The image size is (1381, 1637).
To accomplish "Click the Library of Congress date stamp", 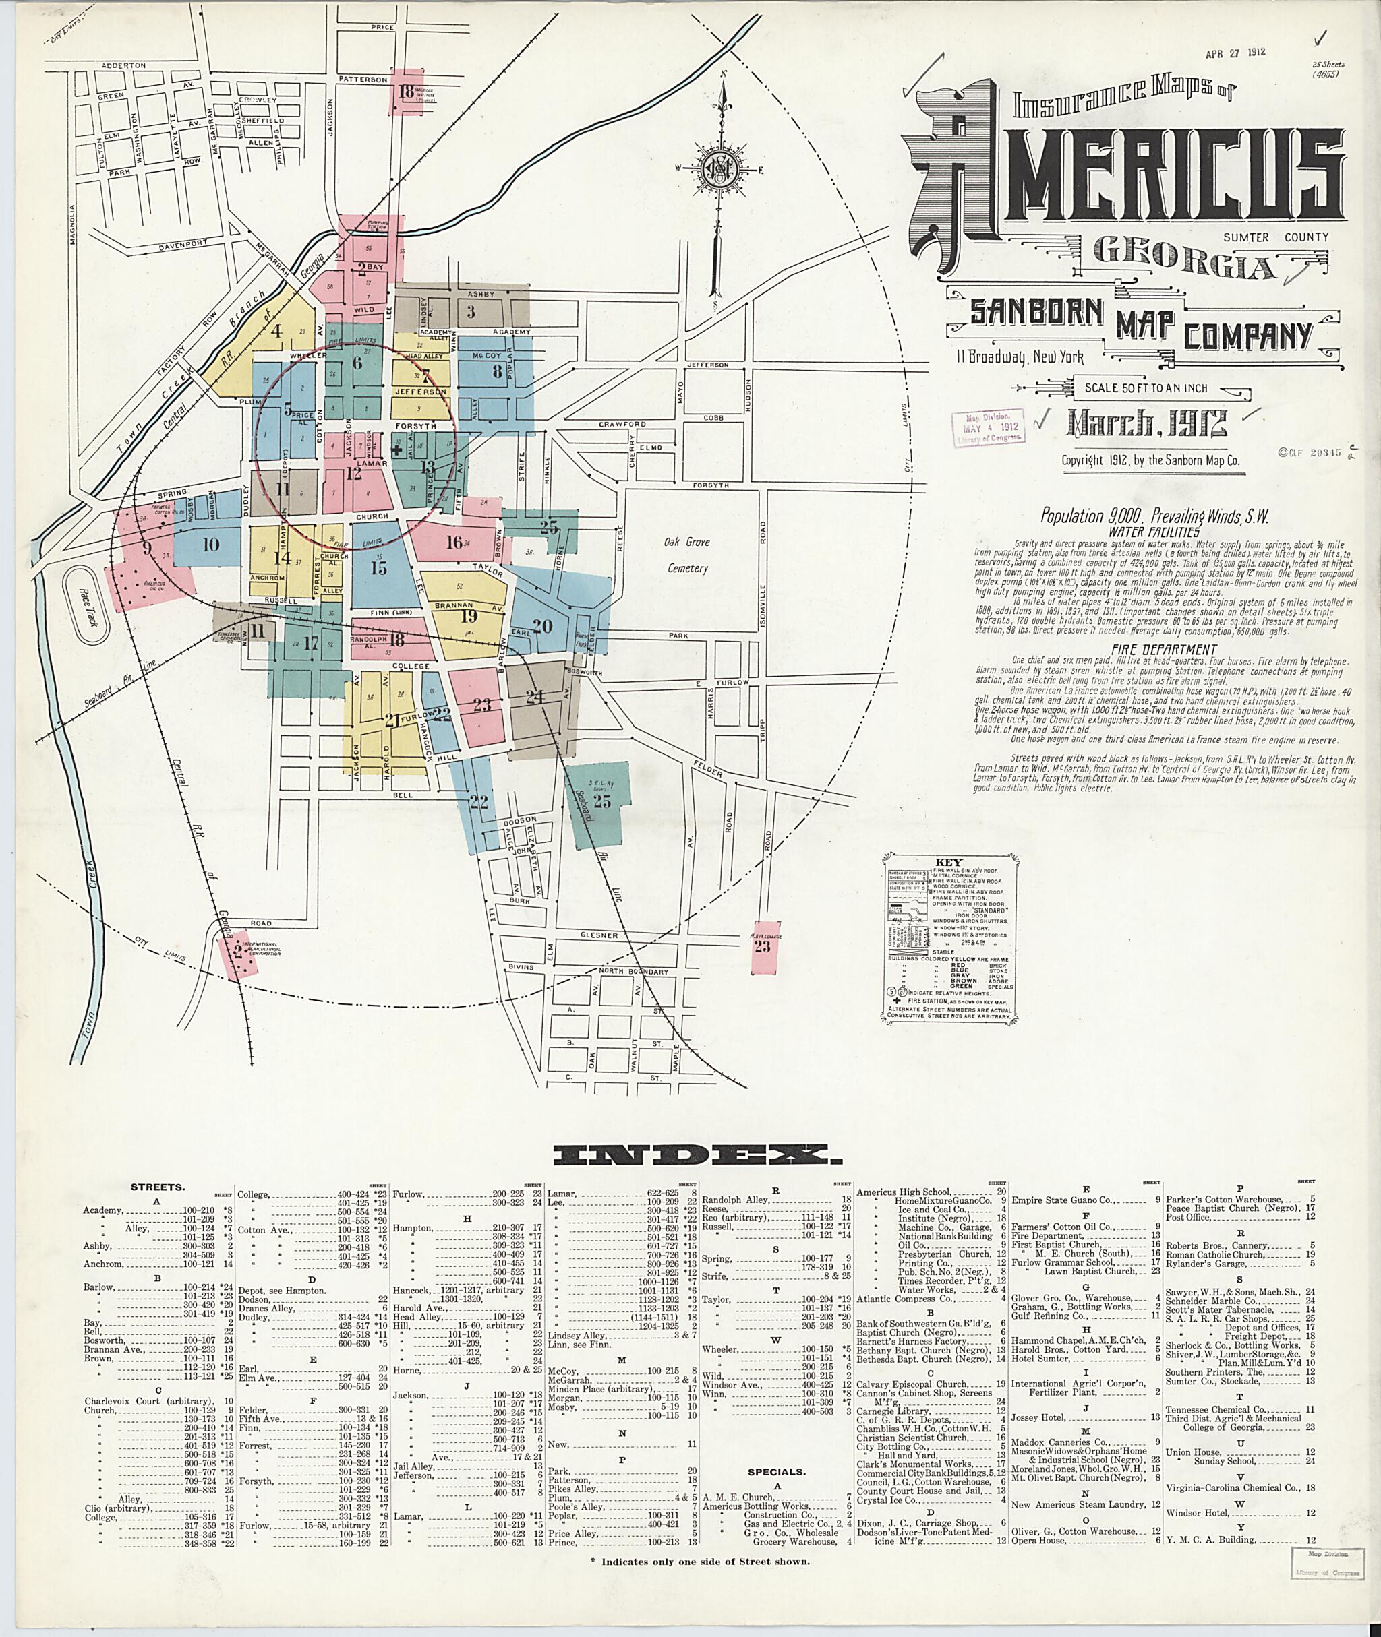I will [989, 427].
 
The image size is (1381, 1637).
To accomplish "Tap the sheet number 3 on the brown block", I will [471, 312].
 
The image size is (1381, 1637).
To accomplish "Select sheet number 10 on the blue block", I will [210, 545].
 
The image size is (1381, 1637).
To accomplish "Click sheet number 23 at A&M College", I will [762, 946].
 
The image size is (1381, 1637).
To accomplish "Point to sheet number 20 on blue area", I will [543, 625].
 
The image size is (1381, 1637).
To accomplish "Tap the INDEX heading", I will [690, 1152].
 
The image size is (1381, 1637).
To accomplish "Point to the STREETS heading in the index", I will [157, 1186].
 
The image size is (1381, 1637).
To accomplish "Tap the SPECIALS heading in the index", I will [777, 1471].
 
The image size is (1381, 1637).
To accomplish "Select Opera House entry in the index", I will [1038, 1539].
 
